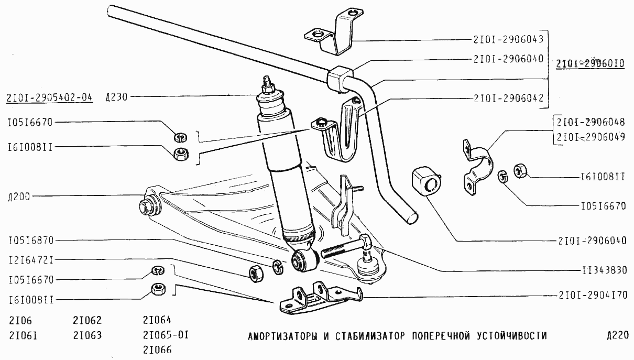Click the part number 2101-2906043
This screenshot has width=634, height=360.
[510, 38]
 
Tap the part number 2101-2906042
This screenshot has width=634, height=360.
[510, 97]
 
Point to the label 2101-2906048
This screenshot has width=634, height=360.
[591, 123]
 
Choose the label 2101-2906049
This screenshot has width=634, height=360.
[591, 138]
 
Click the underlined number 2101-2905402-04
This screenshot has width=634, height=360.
[50, 97]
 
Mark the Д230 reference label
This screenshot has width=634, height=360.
[116, 96]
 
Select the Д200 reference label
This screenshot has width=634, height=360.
[19, 197]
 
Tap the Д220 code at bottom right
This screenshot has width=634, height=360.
[616, 335]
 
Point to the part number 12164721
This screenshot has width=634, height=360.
[31, 260]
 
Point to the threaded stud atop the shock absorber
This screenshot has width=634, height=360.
[267, 84]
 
